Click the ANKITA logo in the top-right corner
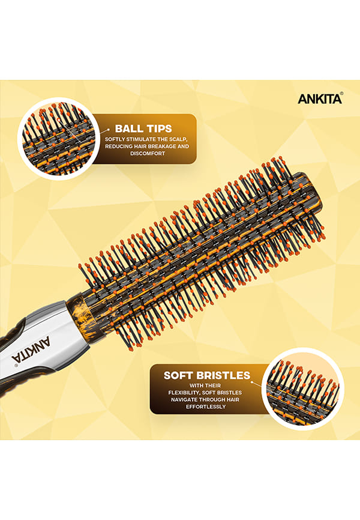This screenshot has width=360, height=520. click(320, 99)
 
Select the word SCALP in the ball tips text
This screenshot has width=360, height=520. click(178, 139)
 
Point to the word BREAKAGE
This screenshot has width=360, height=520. click(159, 147)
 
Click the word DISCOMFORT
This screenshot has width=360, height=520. click(148, 154)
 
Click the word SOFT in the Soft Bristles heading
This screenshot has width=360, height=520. click(178, 375)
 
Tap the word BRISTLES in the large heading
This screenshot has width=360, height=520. click(223, 375)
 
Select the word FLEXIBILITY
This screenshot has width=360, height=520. click(184, 393)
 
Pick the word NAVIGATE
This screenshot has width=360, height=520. click(184, 400)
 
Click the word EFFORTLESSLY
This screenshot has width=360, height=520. click(206, 407)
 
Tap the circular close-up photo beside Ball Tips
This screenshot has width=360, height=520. click(58, 139)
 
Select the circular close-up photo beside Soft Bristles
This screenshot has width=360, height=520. click(302, 388)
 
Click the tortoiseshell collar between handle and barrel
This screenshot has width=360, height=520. click(79, 313)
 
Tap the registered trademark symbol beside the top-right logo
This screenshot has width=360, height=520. click(341, 94)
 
